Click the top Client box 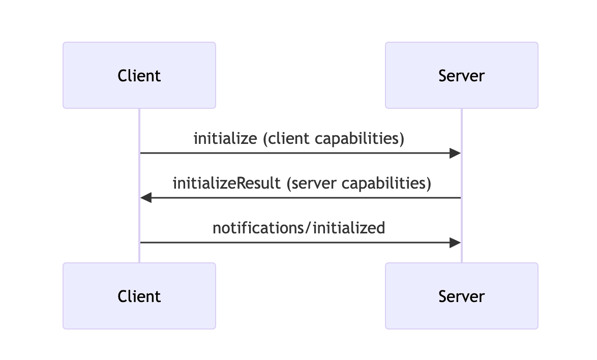139,75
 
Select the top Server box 461,75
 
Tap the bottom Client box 139,296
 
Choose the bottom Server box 461,296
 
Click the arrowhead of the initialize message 455,153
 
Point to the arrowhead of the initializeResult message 146,198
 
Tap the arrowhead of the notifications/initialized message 455,243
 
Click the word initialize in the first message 225,138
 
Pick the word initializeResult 227,183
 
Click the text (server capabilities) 359,183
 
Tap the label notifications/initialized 298,228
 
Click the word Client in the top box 139,76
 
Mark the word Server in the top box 461,76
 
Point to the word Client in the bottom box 139,296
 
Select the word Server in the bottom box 461,296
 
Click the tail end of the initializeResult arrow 460,198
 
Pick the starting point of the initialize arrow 141,153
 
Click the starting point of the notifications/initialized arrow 141,243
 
